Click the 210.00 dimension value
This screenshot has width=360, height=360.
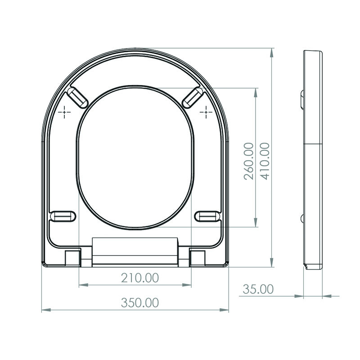[139, 278]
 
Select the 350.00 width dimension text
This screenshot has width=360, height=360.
[139, 303]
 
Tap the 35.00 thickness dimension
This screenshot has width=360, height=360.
[258, 289]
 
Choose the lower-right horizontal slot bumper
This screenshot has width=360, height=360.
[207, 216]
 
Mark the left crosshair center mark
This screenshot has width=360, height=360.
[66, 111]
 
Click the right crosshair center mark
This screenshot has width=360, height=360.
[206, 111]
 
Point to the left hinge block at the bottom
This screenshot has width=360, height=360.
[72, 257]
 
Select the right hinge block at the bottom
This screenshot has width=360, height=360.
[198, 257]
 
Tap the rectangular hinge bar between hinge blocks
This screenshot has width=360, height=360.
[135, 251]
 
